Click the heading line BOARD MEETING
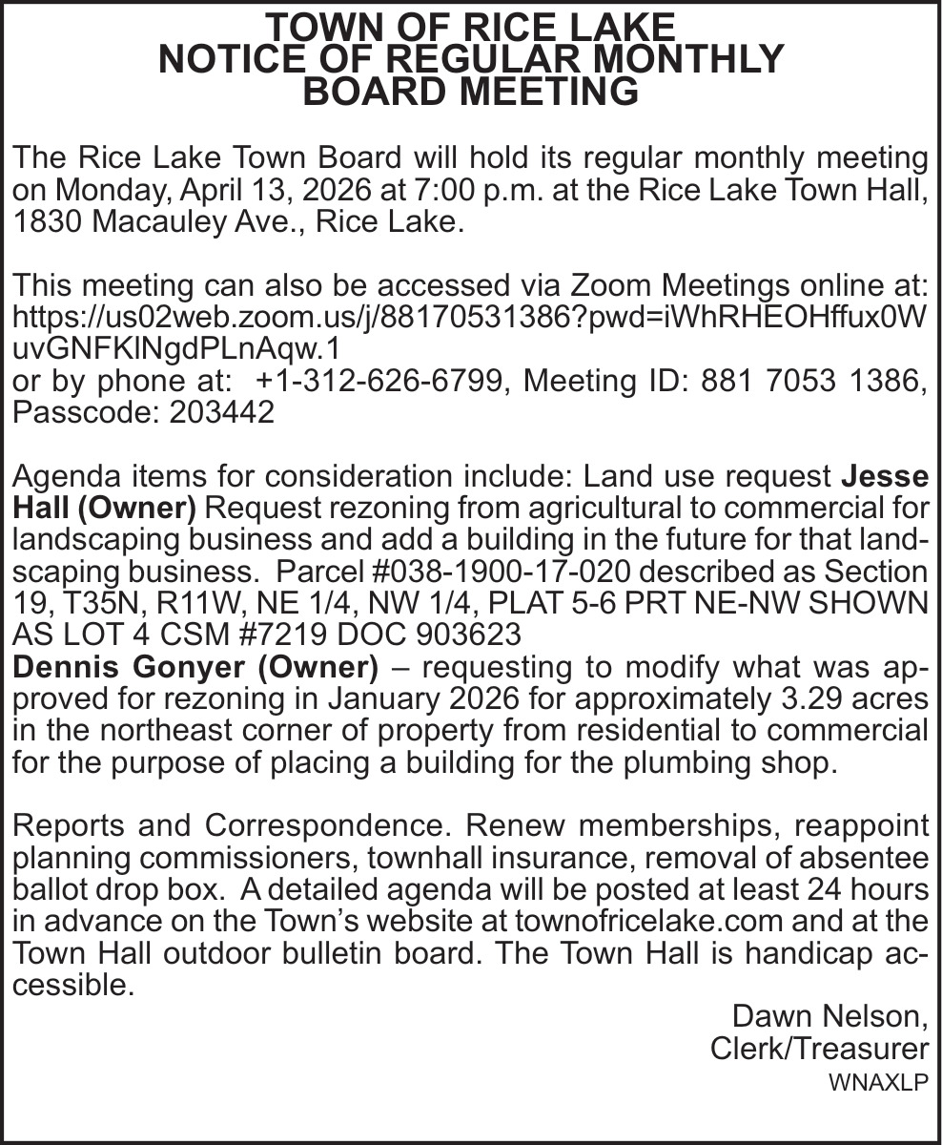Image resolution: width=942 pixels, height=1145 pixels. [x=470, y=93]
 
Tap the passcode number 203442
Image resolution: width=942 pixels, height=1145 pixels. [x=221, y=414]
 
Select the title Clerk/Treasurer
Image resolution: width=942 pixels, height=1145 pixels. [x=819, y=1049]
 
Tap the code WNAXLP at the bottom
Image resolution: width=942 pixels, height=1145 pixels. [x=877, y=1084]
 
